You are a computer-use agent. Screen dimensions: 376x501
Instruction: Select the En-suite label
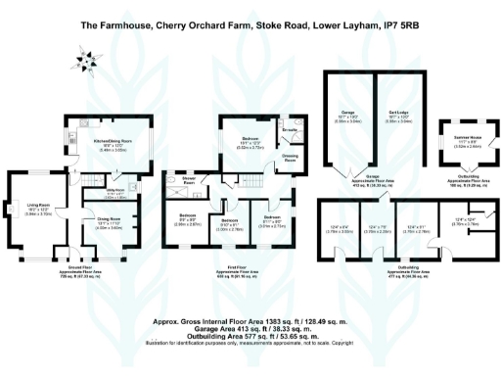point(290,129)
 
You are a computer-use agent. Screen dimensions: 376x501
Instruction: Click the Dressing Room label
point(291,159)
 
